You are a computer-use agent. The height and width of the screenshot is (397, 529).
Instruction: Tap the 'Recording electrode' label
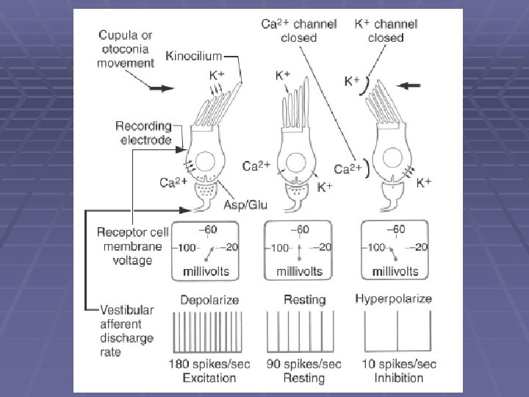pos(143,132)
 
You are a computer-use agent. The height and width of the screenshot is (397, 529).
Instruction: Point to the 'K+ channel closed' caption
pos(386,30)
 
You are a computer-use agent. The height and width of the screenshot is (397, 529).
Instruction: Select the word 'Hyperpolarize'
pos(393,299)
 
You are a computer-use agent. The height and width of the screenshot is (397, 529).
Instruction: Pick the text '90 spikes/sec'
pos(304,365)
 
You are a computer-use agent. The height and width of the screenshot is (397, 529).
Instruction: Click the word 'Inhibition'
pos(393,378)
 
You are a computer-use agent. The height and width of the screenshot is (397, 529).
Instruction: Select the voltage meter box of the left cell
pos(204,251)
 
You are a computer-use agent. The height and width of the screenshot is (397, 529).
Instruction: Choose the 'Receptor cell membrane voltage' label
pos(132,246)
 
